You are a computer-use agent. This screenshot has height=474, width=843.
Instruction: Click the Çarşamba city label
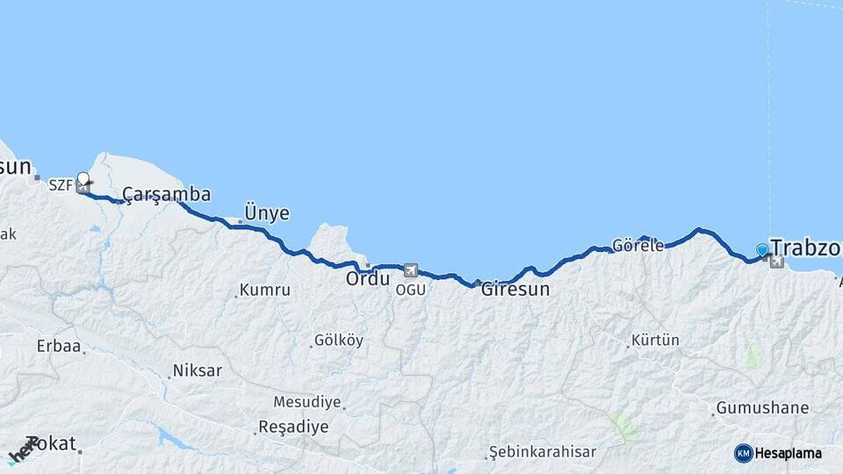[x=166, y=194]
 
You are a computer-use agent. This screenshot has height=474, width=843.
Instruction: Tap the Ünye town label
[x=266, y=213]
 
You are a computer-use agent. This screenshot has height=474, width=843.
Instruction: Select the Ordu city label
[x=367, y=279]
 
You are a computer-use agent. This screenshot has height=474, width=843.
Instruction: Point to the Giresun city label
[x=515, y=288]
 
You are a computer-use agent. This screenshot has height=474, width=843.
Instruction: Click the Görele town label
[x=638, y=246]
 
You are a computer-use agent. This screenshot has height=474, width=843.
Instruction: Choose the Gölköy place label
[x=338, y=341]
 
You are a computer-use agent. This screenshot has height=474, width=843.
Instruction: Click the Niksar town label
[x=198, y=370]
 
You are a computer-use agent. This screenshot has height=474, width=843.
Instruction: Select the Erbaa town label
[x=58, y=346]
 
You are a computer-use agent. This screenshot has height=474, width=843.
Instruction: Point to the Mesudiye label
[x=306, y=402]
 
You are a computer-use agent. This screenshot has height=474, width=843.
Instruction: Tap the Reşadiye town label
[x=292, y=427]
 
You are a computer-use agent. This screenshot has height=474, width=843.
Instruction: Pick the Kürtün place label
[x=655, y=341]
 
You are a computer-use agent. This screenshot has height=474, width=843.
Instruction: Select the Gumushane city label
[x=762, y=408]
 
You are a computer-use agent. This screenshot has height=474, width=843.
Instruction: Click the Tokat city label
[x=51, y=444]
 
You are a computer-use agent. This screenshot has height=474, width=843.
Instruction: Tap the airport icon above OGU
[x=410, y=270]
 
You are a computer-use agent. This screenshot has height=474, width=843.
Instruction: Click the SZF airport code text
[x=61, y=184]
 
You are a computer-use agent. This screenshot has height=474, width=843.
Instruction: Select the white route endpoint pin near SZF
[x=83, y=179]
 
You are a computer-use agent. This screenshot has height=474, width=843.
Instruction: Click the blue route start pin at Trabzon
[x=761, y=250]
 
